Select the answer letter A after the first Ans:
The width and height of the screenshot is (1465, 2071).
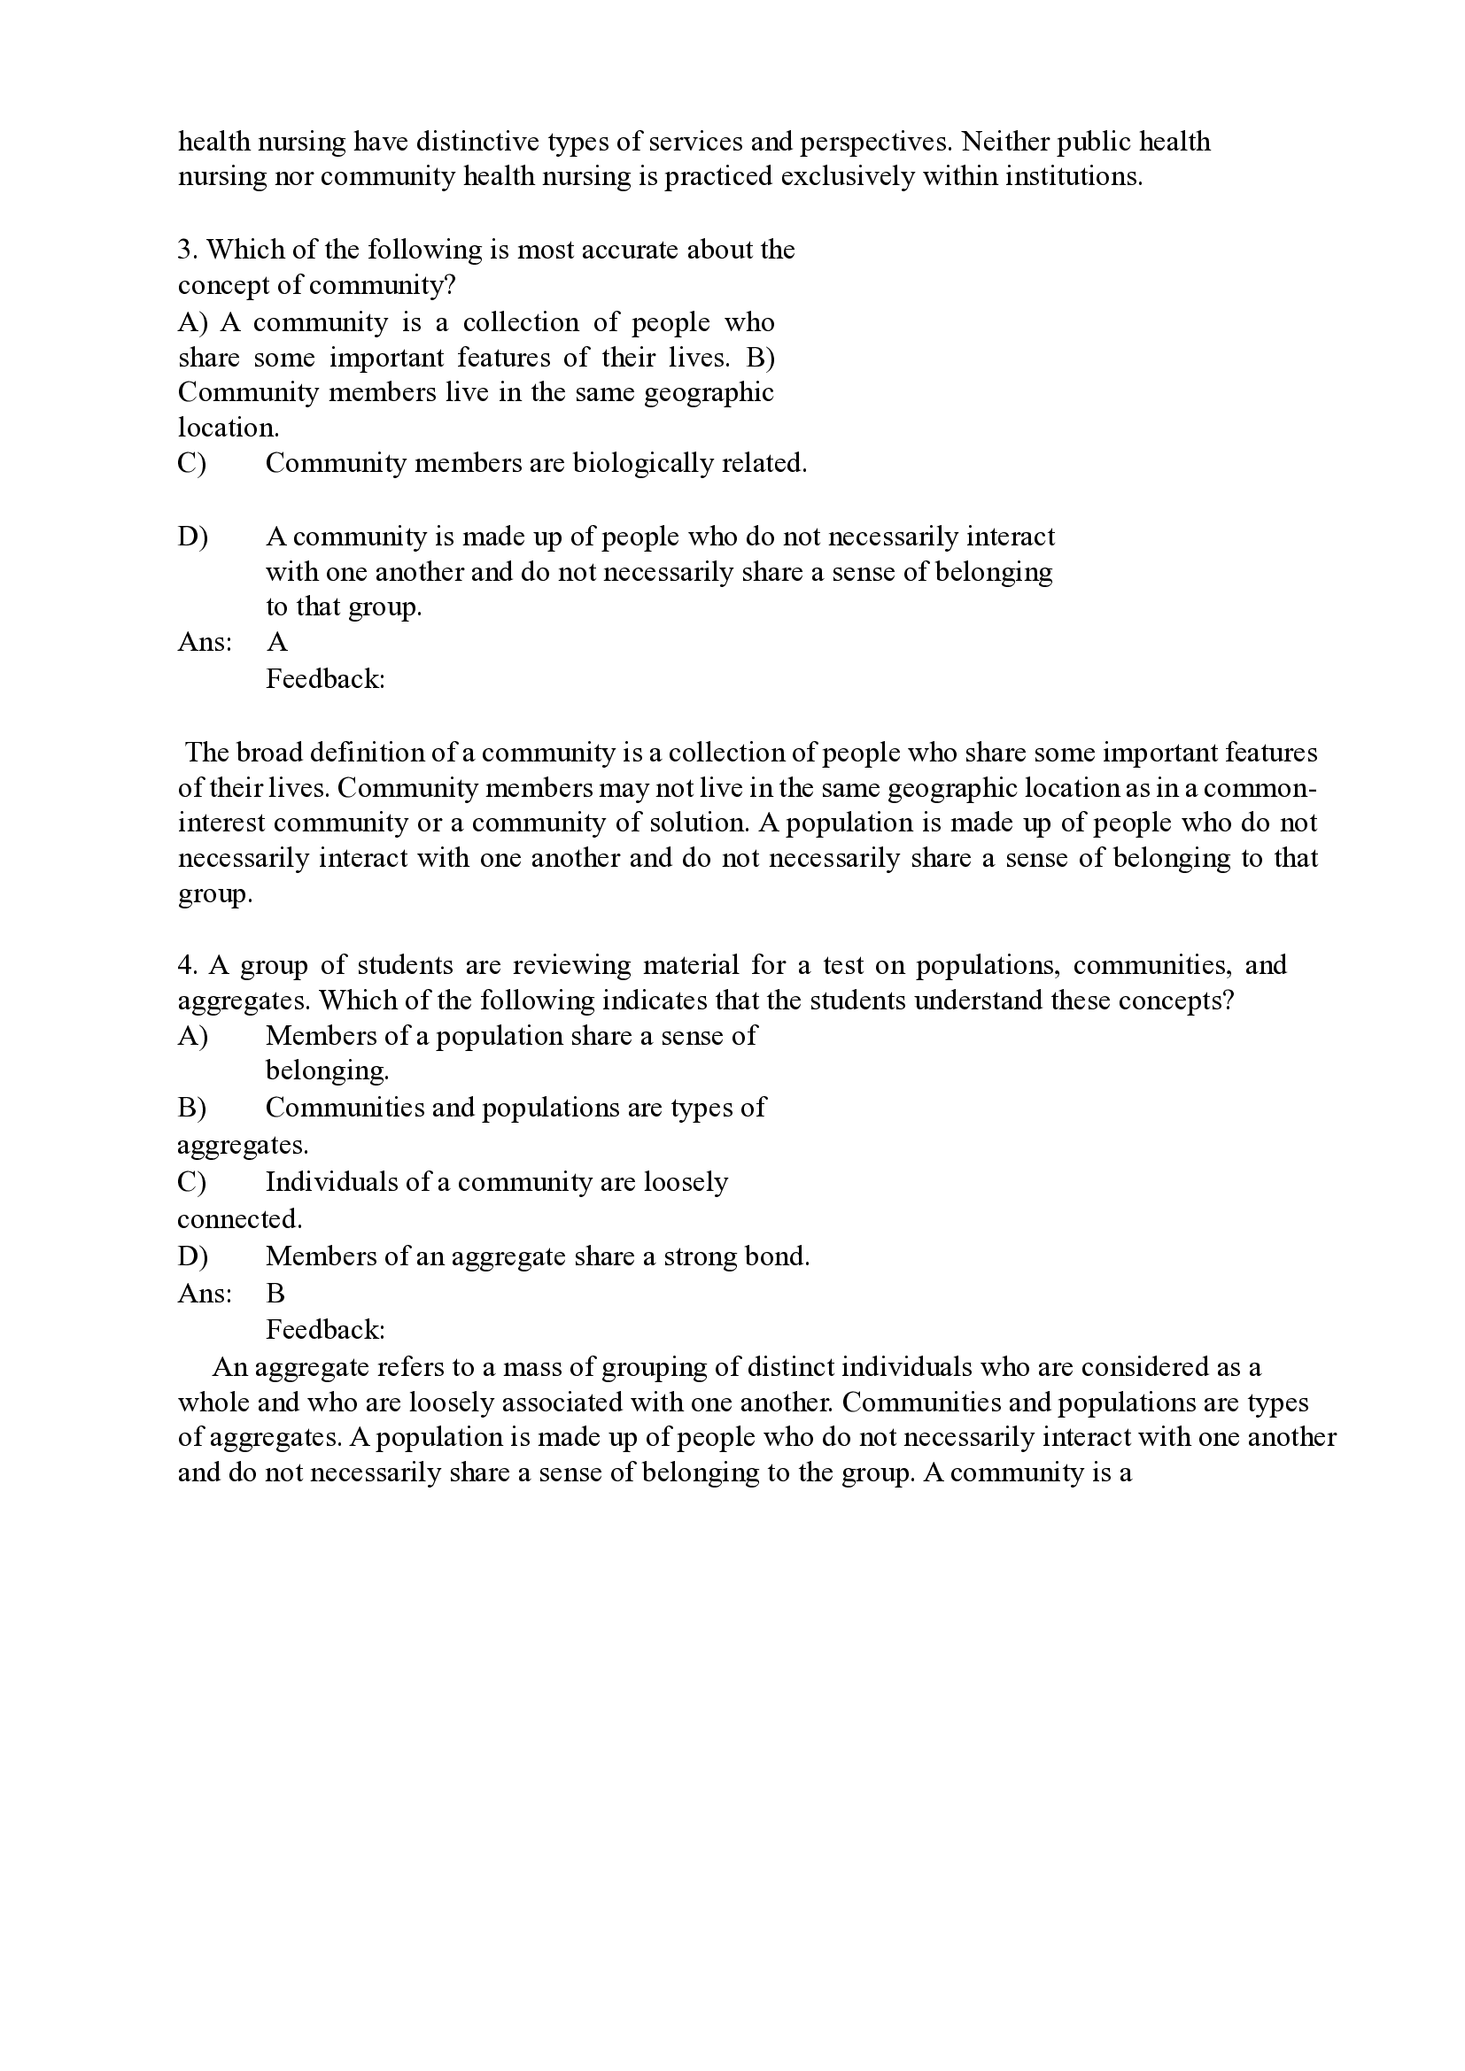pos(277,642)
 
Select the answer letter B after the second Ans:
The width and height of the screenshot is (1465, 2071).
pos(275,1294)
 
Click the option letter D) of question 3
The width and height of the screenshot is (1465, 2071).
pos(192,537)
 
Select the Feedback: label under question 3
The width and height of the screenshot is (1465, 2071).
pos(325,678)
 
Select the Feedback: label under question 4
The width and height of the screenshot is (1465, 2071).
pos(325,1330)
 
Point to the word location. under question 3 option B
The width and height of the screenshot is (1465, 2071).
pos(229,428)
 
